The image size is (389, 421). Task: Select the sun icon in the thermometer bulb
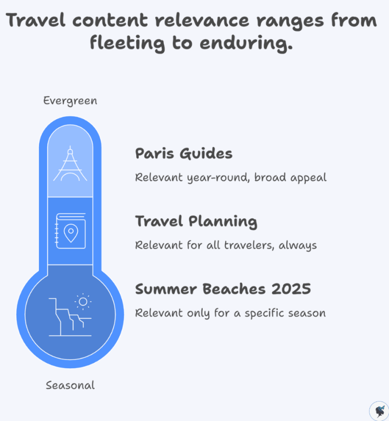(x=83, y=301)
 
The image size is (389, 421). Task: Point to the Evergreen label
(x=70, y=101)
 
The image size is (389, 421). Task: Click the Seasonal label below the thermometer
(x=70, y=385)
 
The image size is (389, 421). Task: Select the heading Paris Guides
(x=184, y=153)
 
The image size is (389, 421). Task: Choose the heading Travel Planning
(x=196, y=221)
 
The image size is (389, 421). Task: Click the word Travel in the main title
(x=36, y=20)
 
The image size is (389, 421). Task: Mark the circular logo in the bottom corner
(x=379, y=411)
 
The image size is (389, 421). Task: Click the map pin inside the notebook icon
(x=71, y=233)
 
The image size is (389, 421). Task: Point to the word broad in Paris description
(x=271, y=178)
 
